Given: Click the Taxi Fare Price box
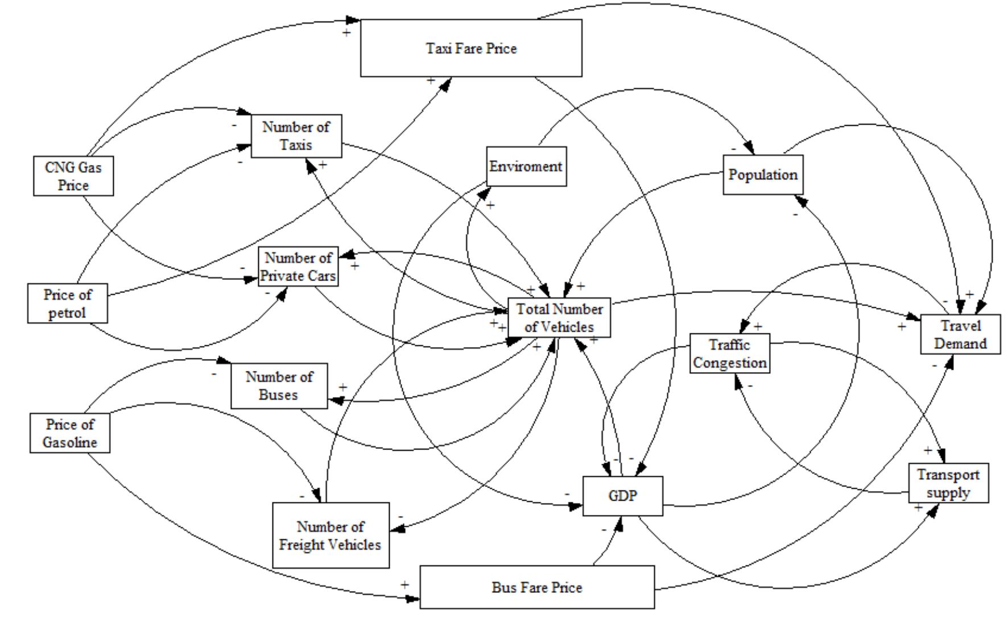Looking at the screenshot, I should pyautogui.click(x=471, y=48).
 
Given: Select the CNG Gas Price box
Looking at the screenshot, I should pyautogui.click(x=73, y=176).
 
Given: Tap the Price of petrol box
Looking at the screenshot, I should pyautogui.click(x=67, y=303).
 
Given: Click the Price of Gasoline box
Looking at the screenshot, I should pyautogui.click(x=70, y=433).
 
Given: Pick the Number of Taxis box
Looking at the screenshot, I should pyautogui.click(x=296, y=136).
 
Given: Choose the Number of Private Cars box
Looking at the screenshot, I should pyautogui.click(x=298, y=267).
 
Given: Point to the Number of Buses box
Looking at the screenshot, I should pyautogui.click(x=279, y=386).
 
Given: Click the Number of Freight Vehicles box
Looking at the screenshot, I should pyautogui.click(x=331, y=535).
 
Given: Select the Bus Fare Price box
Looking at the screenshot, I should pyautogui.click(x=536, y=587).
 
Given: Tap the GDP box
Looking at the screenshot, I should pyautogui.click(x=622, y=496).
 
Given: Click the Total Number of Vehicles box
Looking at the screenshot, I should pyautogui.click(x=559, y=317).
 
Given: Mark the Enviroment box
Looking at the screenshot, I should pyautogui.click(x=526, y=167).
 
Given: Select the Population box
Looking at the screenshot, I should pyautogui.click(x=763, y=175).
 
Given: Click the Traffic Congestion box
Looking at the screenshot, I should pyautogui.click(x=730, y=353).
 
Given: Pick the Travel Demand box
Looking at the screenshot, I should pyautogui.click(x=960, y=335).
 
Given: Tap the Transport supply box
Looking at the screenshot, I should pyautogui.click(x=948, y=483).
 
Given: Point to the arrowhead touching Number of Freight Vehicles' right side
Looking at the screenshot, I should pyautogui.click(x=398, y=529).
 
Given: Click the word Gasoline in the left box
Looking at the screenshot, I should pyautogui.click(x=70, y=442).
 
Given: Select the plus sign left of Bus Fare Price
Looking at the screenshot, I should pyautogui.click(x=404, y=584).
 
